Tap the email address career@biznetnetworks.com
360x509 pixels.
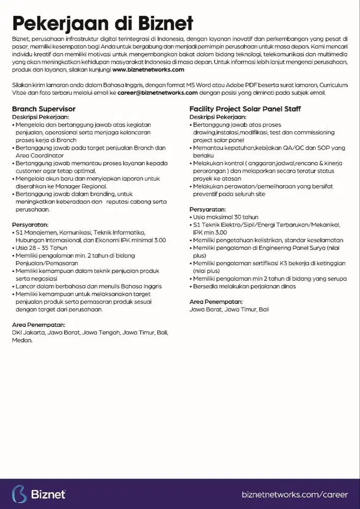tap(157, 93)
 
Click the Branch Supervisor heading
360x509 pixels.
tap(44, 109)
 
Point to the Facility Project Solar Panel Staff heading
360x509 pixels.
tap(245, 109)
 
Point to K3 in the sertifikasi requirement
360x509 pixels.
tap(285, 263)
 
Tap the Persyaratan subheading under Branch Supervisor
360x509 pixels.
tap(30, 224)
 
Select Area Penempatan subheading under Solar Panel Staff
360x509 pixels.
tap(216, 302)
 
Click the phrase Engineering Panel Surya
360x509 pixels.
tap(289, 247)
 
